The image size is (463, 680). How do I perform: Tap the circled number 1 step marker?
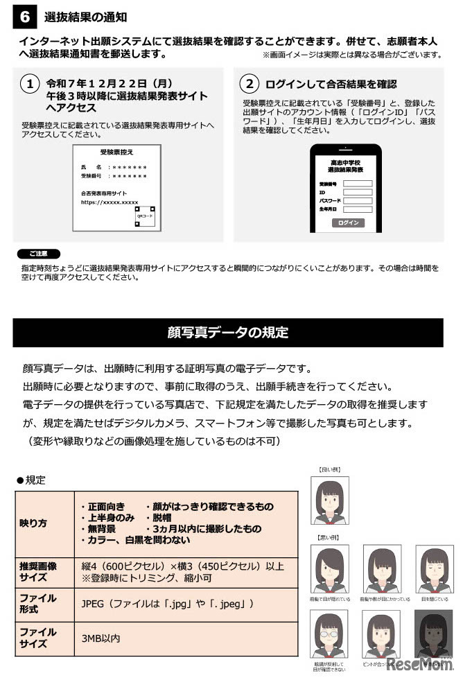[x=30, y=84]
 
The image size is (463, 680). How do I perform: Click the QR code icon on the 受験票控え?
[x=146, y=216]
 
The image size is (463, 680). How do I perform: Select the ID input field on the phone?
[x=358, y=192]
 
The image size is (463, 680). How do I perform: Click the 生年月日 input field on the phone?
[x=358, y=209]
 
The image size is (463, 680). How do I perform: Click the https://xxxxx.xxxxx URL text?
[x=110, y=202]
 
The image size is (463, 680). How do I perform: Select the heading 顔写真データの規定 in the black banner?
[x=228, y=332]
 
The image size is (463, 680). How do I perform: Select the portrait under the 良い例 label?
[x=331, y=500]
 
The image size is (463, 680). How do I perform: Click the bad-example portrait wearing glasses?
[x=331, y=636]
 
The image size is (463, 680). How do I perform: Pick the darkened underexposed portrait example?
[x=433, y=636]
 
